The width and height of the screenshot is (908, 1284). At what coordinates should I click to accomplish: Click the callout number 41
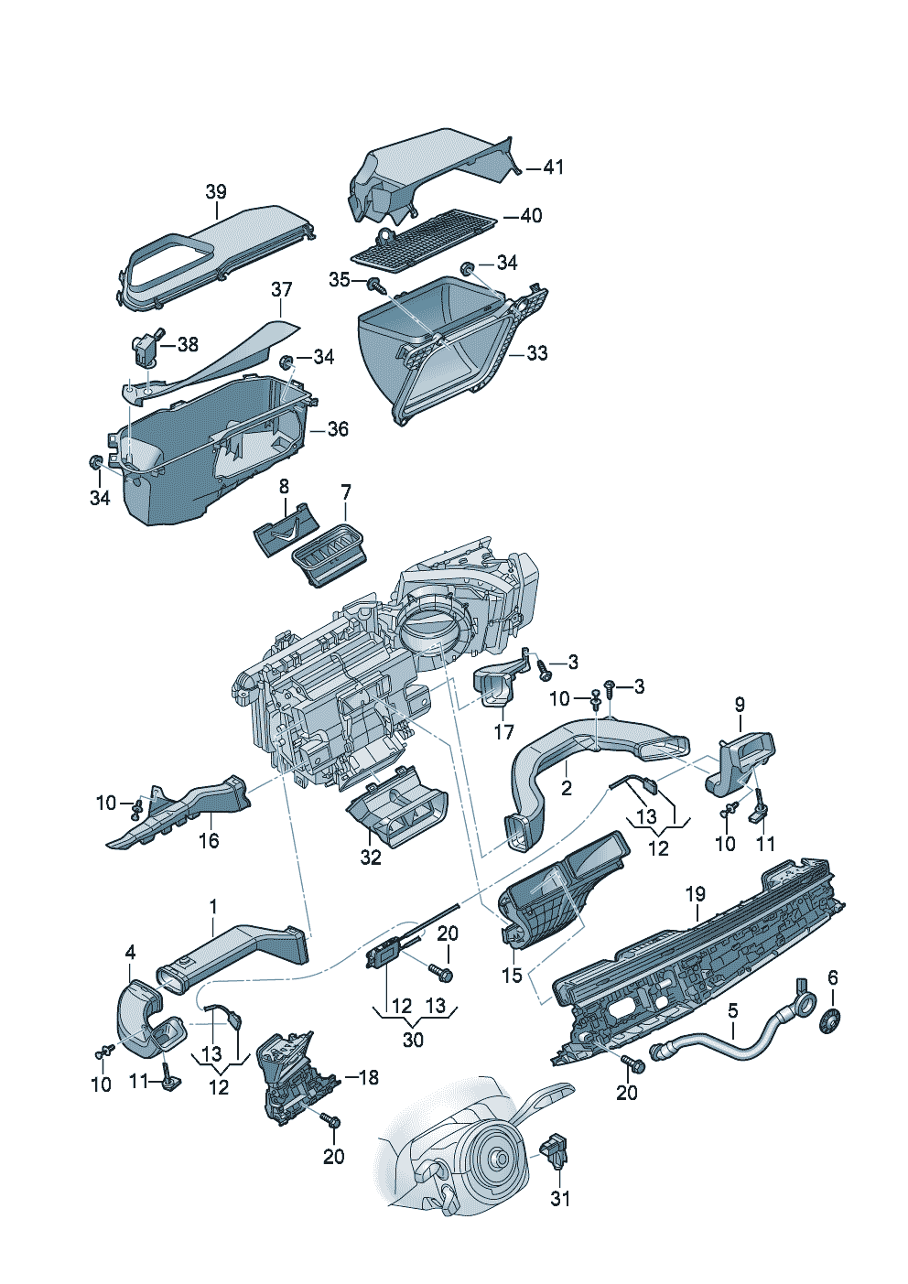coord(553,167)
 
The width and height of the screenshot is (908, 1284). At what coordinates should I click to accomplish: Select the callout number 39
coord(216,191)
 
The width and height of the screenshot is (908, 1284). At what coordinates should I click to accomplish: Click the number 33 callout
coord(537,353)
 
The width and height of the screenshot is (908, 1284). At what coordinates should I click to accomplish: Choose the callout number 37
coord(281,290)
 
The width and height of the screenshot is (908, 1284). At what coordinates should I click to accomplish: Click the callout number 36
coord(338,429)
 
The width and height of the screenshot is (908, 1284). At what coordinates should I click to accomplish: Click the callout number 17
coord(503,732)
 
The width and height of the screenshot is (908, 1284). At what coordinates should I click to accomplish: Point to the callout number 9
coord(740,705)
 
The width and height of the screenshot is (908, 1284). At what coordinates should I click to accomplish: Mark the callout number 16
coord(210,841)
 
